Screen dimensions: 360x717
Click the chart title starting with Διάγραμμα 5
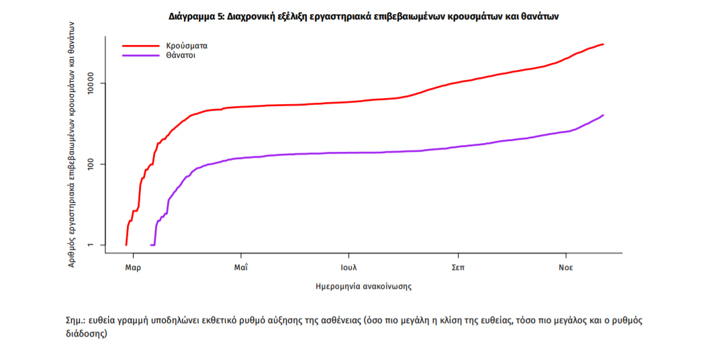pyautogui.click(x=363, y=15)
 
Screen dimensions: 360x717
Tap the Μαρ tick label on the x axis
pyautogui.click(x=133, y=267)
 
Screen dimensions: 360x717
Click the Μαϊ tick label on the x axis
pyautogui.click(x=241, y=267)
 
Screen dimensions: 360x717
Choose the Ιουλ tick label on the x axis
pyautogui.click(x=348, y=267)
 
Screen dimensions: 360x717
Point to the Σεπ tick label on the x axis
pyautogui.click(x=458, y=267)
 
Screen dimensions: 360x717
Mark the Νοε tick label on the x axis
pyautogui.click(x=566, y=267)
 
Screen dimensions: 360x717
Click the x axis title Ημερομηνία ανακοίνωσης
pyautogui.click(x=363, y=286)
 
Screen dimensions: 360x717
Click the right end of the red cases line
pyautogui.click(x=604, y=44)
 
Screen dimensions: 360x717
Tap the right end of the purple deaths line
pyautogui.click(x=604, y=115)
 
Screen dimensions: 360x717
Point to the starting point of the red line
pyautogui.click(x=126, y=244)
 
